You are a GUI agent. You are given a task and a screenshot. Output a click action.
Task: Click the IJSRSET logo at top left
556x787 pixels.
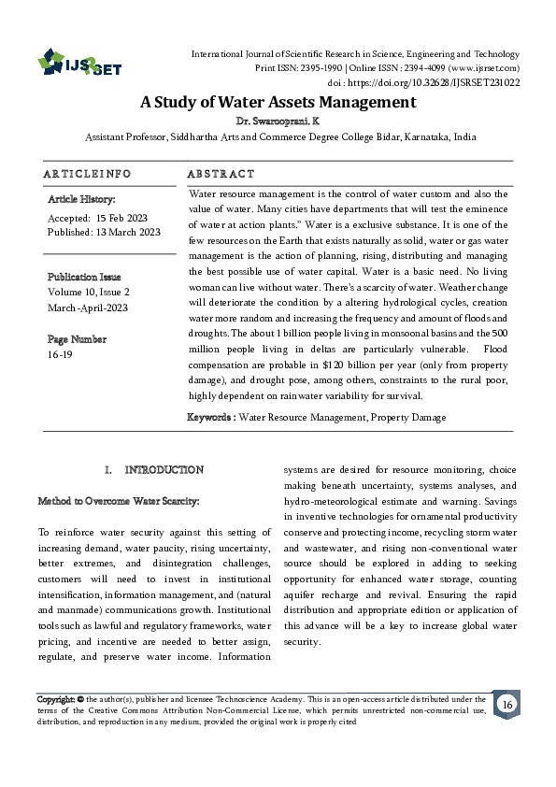point(80,63)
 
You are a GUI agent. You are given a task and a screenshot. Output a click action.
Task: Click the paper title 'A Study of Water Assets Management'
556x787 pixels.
point(278,102)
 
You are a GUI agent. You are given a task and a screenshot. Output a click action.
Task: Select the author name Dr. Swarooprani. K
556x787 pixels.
point(278,122)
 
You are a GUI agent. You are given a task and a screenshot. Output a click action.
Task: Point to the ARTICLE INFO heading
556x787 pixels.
point(87,175)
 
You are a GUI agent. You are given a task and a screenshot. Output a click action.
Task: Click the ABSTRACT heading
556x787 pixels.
point(221,175)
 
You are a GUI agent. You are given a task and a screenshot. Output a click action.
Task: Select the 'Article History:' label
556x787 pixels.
point(81,199)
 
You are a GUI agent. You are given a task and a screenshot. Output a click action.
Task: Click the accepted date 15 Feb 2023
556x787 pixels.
point(120,217)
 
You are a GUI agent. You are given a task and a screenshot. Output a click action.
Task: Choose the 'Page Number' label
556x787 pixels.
point(77,338)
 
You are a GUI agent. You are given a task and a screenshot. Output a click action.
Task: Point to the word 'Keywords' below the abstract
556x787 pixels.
point(210,416)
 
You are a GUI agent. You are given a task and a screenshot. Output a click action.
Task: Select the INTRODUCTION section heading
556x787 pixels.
point(164,469)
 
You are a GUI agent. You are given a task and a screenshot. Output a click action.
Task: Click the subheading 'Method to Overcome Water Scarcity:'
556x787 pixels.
point(119,501)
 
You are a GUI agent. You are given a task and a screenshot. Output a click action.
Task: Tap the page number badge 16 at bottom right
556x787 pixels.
point(506,704)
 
